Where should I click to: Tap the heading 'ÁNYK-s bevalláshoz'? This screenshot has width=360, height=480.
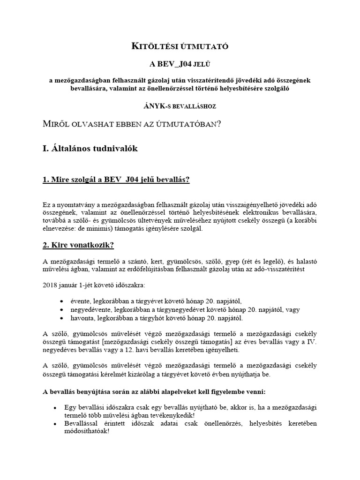click(180, 106)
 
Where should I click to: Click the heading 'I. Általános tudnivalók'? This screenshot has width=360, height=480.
click(90, 149)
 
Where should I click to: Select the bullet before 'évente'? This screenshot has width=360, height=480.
click(62, 301)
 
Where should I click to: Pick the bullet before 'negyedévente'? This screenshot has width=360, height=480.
click(62, 310)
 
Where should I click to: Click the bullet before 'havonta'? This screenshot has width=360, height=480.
click(62, 318)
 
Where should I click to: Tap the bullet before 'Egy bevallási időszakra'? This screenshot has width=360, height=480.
click(56, 408)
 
